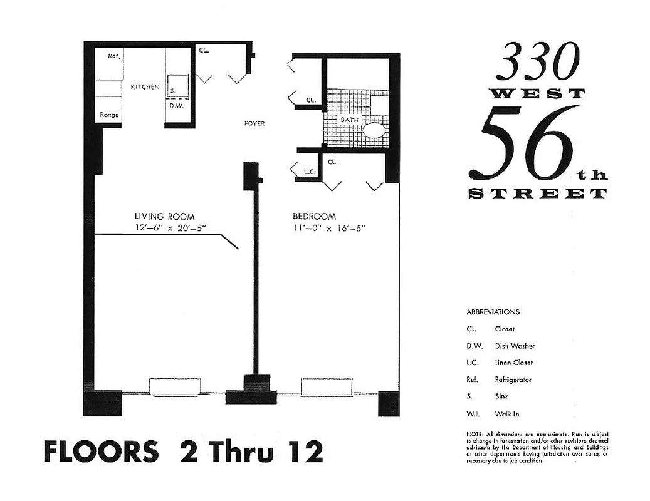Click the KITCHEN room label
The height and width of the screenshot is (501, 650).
pos(145,87)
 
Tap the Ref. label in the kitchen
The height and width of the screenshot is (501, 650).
pos(113,56)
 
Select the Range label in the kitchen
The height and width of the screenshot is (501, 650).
pos(109,115)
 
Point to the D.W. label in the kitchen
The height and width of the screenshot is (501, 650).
pos(176,106)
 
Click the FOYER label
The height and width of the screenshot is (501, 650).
pos(254,123)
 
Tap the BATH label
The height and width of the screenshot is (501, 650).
pos(349,119)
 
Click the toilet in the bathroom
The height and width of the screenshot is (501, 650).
pos(374,130)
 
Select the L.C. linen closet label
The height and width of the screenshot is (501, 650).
pos(308,171)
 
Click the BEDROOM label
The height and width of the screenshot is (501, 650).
pos(315,217)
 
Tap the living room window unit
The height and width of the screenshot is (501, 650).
pos(175,386)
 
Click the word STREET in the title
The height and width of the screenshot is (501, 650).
pos(538,194)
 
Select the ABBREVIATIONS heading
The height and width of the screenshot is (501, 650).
pos(493,311)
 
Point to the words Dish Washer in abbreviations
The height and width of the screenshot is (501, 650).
pos(515,346)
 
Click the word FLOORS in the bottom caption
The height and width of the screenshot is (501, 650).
pos(101,452)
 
